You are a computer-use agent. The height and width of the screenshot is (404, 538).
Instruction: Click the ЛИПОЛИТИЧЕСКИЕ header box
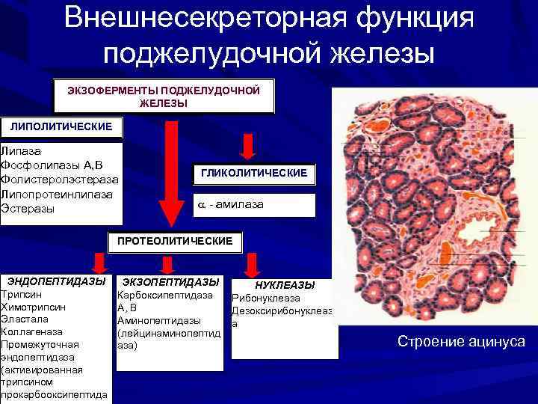[x=61, y=127]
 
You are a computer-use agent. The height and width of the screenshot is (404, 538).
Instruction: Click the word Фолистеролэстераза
[x=60, y=180]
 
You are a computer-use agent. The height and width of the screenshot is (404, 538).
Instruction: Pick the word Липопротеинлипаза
[x=58, y=194]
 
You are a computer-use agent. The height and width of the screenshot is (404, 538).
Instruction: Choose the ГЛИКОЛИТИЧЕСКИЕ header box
[x=254, y=173]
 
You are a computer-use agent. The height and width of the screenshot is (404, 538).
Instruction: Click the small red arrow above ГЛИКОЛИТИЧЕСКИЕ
[x=247, y=144]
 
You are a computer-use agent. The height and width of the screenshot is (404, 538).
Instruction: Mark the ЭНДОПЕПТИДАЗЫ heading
[x=56, y=281]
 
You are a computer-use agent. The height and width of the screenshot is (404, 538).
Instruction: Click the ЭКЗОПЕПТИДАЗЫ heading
[x=170, y=281]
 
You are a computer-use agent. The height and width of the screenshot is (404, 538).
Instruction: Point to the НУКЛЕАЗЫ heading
[x=285, y=285]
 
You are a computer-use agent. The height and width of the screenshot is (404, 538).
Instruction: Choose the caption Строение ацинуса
[x=461, y=342]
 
